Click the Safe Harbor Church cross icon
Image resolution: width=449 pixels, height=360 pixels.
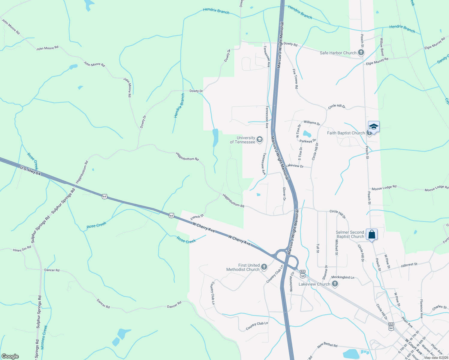[361, 53]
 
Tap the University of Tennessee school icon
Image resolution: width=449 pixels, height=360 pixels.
[260, 140]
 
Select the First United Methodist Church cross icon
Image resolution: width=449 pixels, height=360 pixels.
[264, 267]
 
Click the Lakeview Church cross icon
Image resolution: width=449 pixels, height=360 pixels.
[335, 284]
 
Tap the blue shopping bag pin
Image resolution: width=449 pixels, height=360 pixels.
[372, 234]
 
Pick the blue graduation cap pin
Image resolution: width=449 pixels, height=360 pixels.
[374, 127]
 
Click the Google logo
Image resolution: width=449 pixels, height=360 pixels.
[10, 356]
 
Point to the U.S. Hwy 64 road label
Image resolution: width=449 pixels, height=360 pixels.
[30, 171]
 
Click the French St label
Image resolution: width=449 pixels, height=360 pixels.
[197, 217]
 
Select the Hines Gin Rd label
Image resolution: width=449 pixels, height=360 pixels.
[22, 249]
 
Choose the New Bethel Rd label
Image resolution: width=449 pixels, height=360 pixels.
[327, 345]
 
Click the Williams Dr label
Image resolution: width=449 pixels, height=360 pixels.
[312, 123]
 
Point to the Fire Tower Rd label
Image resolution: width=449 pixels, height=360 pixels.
[295, 79]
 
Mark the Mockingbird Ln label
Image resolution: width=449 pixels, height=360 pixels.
[343, 277]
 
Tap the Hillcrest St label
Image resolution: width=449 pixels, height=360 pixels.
[409, 265]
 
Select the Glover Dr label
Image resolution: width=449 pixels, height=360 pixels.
[284, 194]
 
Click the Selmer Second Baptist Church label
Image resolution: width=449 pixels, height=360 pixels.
[350, 234]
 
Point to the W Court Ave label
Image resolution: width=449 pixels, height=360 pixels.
[413, 346]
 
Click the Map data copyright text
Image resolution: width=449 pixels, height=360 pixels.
[436, 357]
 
